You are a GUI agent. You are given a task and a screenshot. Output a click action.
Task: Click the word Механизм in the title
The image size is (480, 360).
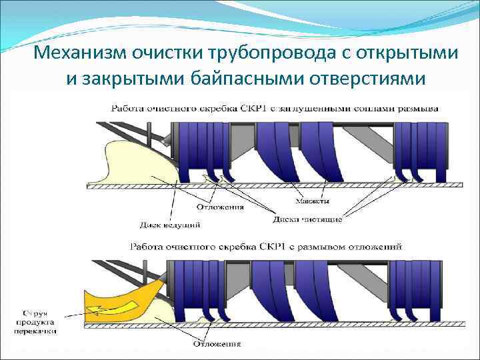78,53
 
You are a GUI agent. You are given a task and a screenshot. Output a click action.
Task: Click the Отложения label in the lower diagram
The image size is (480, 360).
217,344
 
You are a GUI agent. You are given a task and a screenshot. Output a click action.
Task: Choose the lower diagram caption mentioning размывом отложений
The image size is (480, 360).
266,246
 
